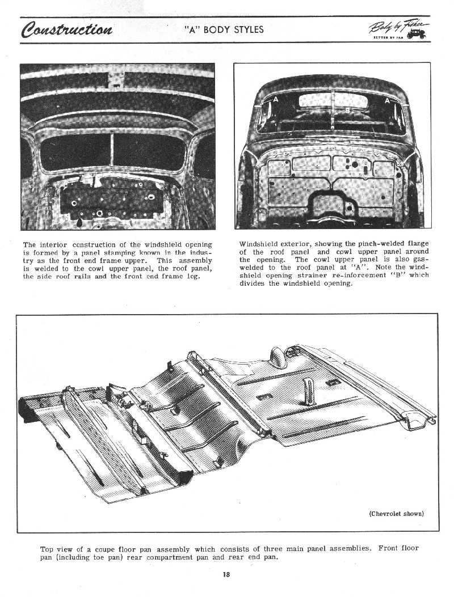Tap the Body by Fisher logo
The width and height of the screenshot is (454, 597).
[406, 29]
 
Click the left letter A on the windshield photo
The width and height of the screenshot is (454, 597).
[276, 100]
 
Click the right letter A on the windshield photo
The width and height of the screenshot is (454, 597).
[387, 100]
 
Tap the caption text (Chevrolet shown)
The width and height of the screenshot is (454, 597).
[396, 514]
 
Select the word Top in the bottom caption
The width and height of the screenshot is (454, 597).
[47, 549]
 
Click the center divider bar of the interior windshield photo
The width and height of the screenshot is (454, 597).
[112, 150]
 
